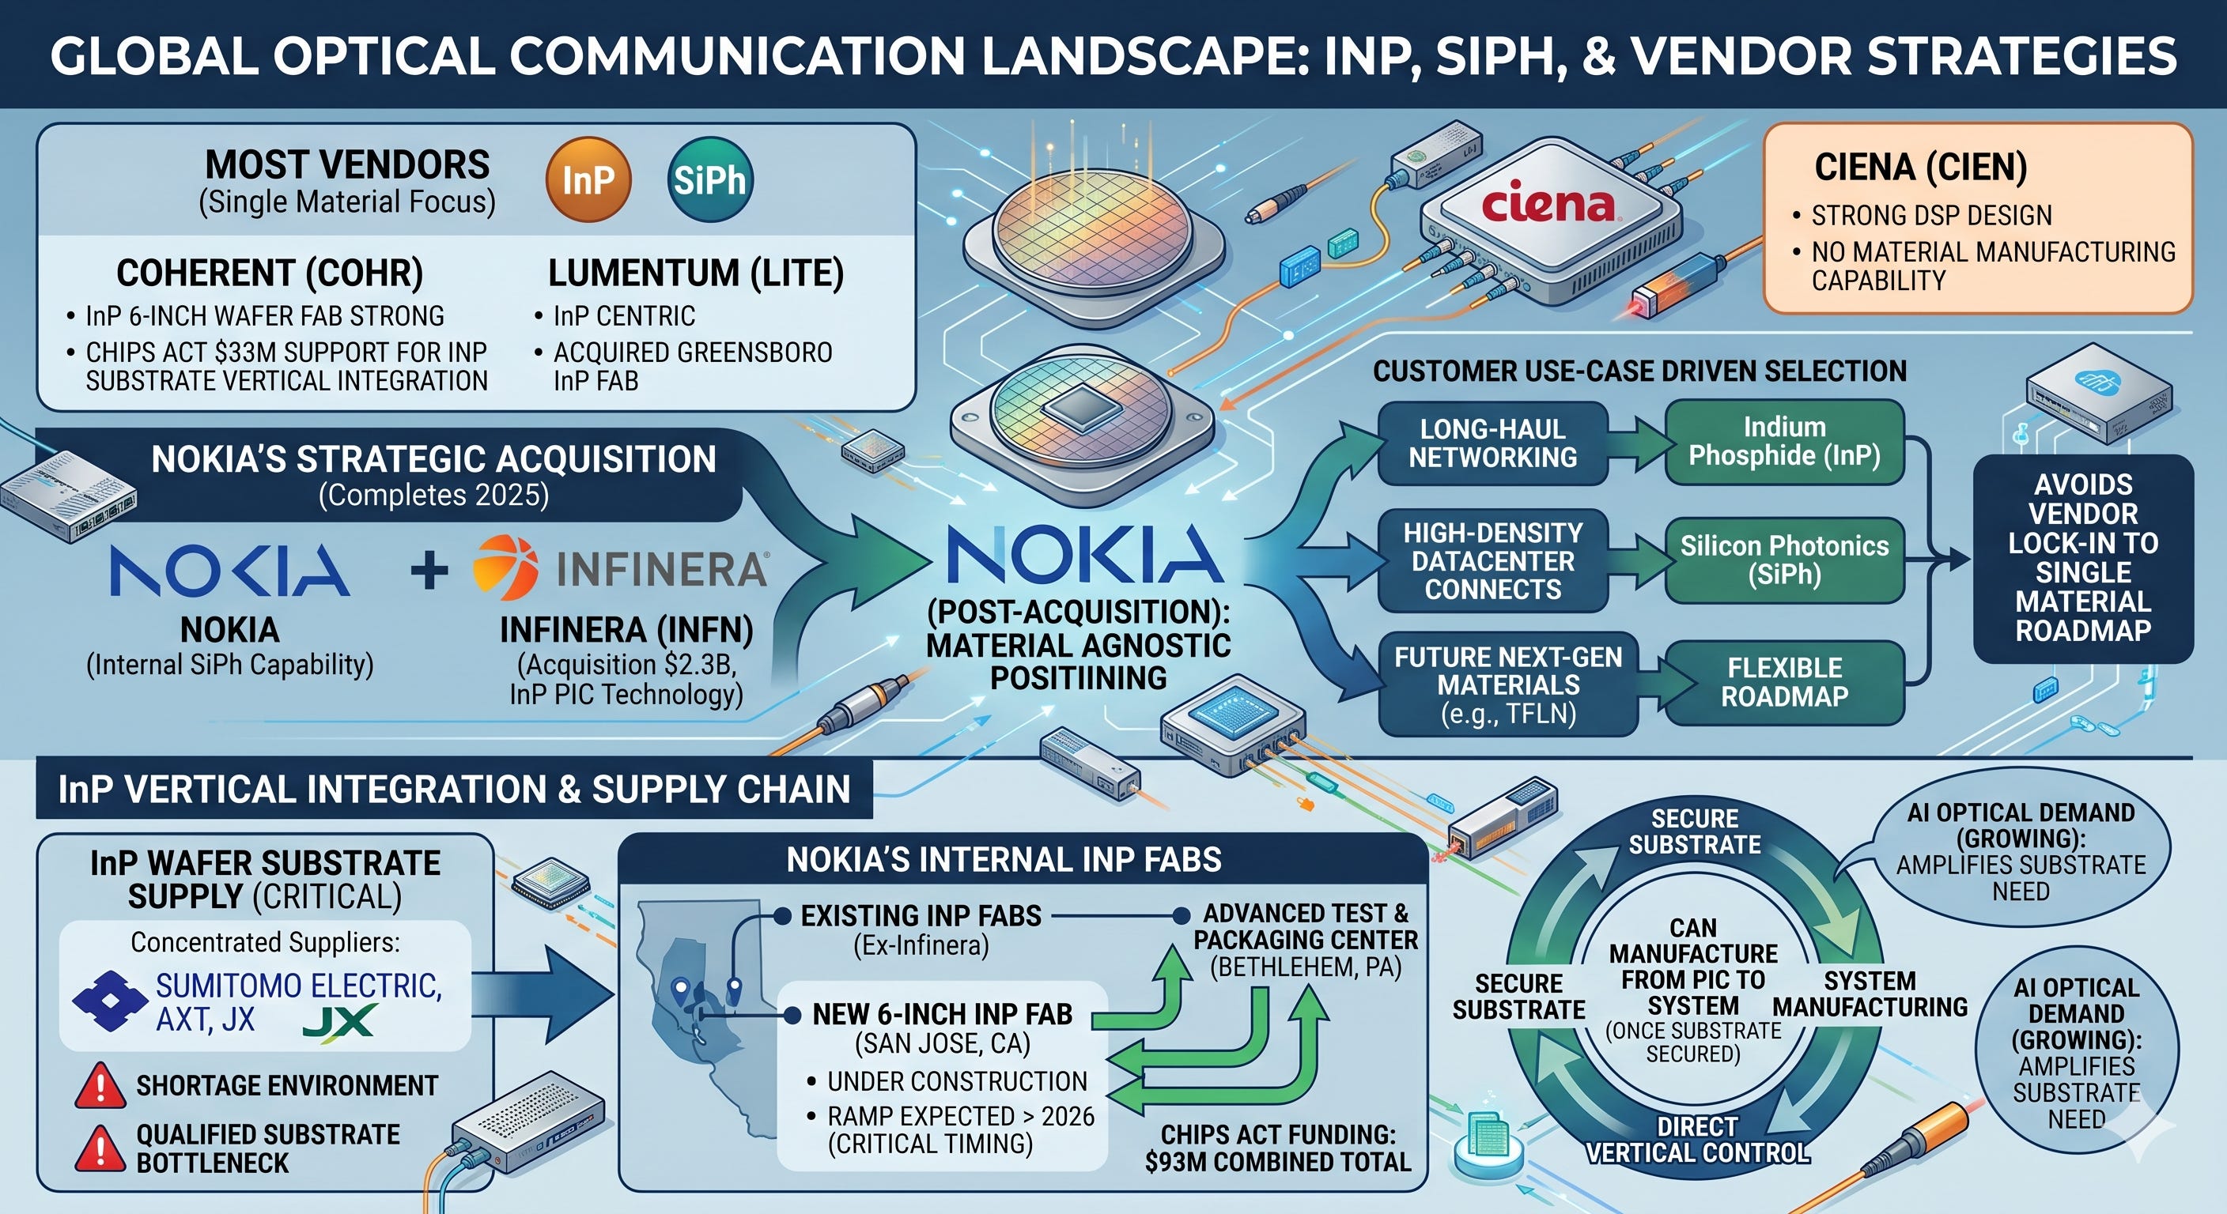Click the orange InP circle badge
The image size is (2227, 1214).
(588, 179)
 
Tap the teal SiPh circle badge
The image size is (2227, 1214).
(709, 179)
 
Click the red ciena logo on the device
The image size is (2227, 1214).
(1548, 204)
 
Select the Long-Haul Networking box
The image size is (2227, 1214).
(1493, 443)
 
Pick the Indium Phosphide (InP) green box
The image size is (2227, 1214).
(1784, 442)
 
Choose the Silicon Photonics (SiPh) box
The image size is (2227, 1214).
(1784, 560)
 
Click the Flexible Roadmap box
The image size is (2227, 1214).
(1784, 682)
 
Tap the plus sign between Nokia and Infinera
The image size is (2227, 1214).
(429, 571)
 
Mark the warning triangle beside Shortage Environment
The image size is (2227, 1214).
(100, 1085)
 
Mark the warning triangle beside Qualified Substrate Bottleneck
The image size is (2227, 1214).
(100, 1148)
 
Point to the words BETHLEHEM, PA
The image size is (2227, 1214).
(1306, 967)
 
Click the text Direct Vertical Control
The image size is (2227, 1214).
(1697, 1140)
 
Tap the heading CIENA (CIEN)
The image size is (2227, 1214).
(1921, 167)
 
